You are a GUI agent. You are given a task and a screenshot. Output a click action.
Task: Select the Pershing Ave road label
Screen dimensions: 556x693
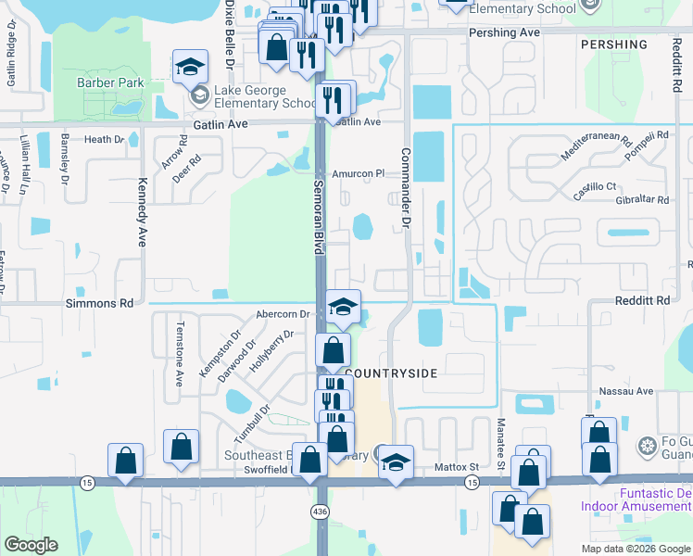504,32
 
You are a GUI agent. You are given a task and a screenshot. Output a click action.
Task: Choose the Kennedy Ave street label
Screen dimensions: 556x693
144,211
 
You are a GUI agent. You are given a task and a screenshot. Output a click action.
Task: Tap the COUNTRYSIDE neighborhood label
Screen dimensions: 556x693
390,372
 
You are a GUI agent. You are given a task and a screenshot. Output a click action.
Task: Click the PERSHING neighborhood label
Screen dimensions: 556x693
613,44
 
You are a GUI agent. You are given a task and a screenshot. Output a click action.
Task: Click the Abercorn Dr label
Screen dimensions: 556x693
283,314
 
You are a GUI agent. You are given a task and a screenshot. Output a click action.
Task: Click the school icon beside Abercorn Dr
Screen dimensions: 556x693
343,308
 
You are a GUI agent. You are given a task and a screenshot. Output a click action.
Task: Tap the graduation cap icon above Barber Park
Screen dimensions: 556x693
190,67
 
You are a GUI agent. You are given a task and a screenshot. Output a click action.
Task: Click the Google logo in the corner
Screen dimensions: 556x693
31,545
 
